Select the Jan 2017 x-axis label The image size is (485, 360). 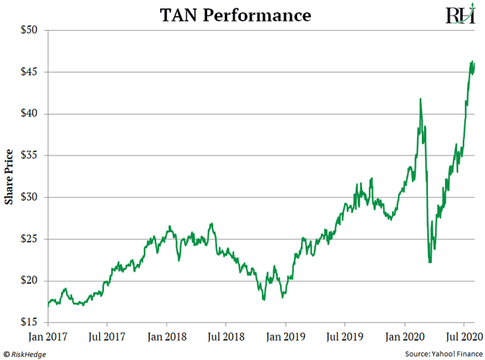tap(48, 335)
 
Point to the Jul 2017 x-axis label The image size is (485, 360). tap(107, 335)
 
